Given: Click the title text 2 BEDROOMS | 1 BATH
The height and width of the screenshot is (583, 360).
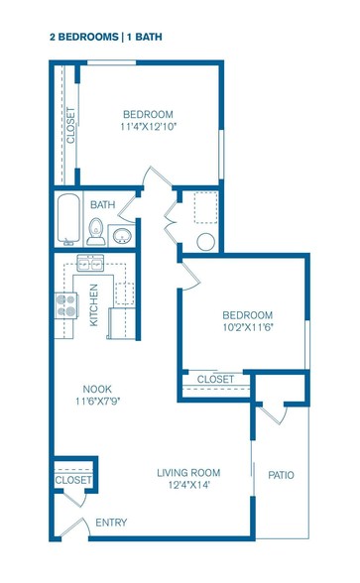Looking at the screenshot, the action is (x=106, y=37).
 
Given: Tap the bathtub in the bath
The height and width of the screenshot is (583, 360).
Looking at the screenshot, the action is (x=68, y=218).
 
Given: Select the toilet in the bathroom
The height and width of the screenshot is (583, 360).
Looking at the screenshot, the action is (x=96, y=232).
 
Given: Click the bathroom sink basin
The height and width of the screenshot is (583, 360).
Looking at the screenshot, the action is (x=122, y=236).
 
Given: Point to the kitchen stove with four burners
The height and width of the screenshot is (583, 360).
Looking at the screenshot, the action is (x=66, y=305).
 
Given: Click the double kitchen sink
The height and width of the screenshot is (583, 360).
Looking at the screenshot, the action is (x=90, y=264).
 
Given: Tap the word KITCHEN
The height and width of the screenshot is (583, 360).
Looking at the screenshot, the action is (x=93, y=305).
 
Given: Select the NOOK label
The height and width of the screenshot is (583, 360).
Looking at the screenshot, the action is (x=97, y=390).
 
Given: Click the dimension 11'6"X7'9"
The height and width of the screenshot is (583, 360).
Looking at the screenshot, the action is (x=97, y=402).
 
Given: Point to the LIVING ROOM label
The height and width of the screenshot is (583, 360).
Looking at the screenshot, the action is (x=188, y=473).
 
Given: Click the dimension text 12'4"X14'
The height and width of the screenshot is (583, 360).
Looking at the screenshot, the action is (x=188, y=485).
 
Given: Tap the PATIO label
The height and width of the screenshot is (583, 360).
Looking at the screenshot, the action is (x=282, y=475).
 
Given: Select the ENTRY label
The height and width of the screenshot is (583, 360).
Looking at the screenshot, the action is (x=111, y=523).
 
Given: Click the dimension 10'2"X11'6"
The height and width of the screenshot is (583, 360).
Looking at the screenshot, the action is (x=248, y=327).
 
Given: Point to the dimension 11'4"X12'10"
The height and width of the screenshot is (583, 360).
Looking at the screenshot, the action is (x=148, y=127).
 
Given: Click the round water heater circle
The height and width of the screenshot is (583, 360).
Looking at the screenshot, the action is (x=205, y=242).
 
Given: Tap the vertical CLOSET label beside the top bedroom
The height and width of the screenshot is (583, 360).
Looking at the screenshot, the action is (x=70, y=125).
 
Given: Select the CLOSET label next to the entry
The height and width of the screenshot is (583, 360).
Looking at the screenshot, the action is (x=73, y=480).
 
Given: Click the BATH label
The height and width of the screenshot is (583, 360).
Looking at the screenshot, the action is (x=103, y=204).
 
